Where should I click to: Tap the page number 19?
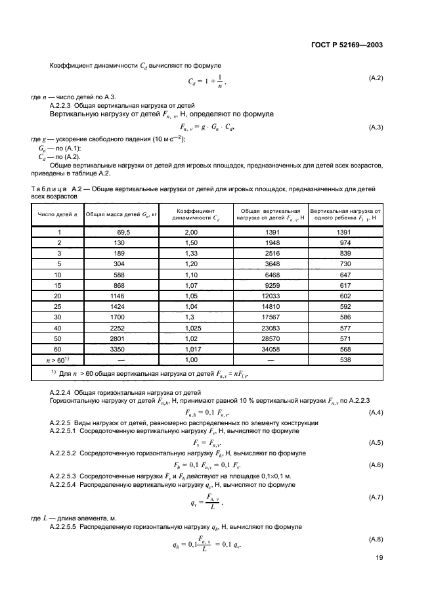[379, 558]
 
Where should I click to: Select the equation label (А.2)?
[375, 78]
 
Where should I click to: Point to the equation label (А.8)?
[375, 537]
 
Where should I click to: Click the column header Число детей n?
[58, 215]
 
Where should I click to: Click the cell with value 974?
[345, 242]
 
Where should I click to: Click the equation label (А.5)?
[375, 442]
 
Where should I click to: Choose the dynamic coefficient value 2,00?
[192, 232]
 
